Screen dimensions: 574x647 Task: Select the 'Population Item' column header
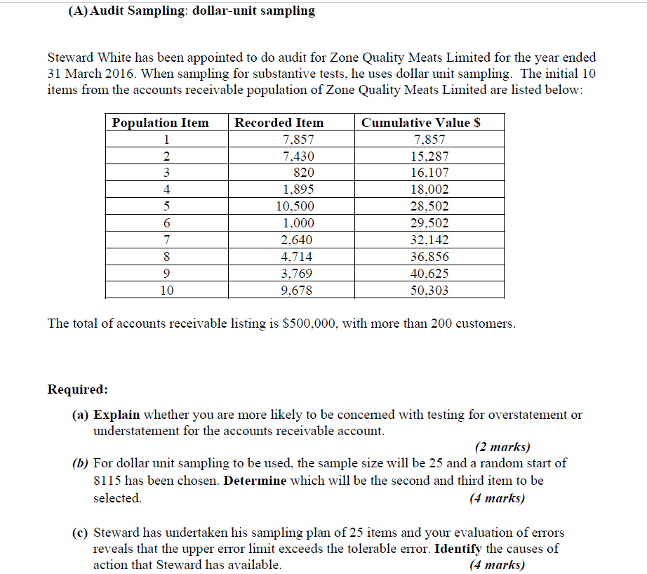161,123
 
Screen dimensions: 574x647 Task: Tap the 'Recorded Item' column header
279,123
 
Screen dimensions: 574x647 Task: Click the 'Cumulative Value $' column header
420,123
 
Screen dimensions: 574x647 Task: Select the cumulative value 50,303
430,291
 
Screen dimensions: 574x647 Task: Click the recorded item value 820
303,173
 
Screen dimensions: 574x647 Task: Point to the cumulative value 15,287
430,156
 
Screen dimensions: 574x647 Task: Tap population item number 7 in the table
166,240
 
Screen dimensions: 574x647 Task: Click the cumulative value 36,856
430,257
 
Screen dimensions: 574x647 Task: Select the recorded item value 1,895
298,189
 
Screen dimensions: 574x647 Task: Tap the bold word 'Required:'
78,389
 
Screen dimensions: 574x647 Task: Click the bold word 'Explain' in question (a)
116,415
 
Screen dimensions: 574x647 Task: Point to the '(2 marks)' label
502,447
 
